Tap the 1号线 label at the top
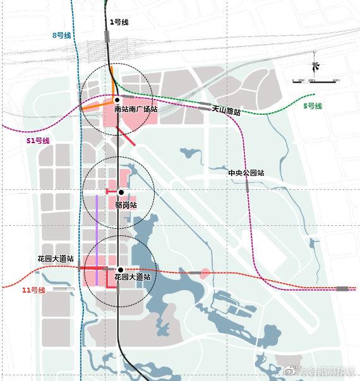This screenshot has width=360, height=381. (119, 22)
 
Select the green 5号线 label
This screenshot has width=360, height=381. (312, 105)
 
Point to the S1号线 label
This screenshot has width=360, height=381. (38, 140)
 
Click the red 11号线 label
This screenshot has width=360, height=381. (33, 290)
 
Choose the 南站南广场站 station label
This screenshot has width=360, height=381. (135, 109)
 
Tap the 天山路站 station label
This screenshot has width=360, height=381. (226, 110)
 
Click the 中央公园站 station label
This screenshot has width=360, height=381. (246, 173)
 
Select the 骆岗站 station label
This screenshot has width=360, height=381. (126, 204)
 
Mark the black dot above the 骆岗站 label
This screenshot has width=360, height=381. (120, 192)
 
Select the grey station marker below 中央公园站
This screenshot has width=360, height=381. (248, 187)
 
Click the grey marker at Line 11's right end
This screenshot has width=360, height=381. (343, 288)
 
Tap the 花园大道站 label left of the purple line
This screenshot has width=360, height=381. (56, 259)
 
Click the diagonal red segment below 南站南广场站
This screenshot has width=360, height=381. (126, 137)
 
